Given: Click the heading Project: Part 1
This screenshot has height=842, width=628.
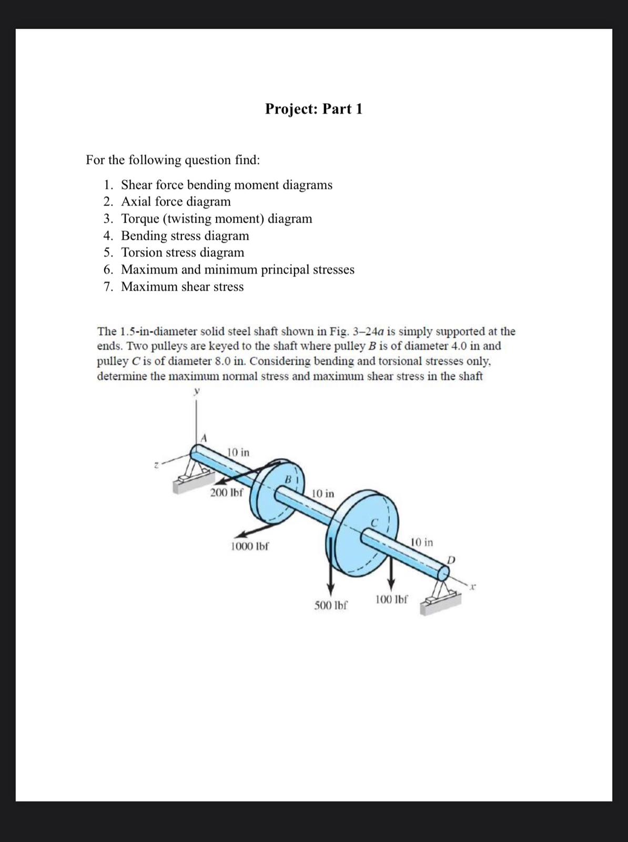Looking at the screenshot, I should (313, 109).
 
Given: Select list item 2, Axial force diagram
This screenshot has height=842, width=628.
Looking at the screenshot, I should (176, 202).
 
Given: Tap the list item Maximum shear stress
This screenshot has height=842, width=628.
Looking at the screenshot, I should (182, 287).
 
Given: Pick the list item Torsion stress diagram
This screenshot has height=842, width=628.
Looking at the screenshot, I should (183, 253).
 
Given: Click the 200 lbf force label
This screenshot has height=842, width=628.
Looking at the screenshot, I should (226, 493).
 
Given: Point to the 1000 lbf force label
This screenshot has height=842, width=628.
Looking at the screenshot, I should (250, 546).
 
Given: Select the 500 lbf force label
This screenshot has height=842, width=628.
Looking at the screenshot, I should (331, 605).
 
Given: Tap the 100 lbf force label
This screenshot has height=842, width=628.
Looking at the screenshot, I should (391, 599).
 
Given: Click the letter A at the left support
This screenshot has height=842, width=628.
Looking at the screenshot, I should (205, 437).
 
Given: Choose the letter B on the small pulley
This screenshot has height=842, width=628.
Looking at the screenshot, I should (288, 479).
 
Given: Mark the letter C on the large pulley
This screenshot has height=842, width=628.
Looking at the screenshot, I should (374, 523).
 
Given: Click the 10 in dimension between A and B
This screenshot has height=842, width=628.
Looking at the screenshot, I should (238, 453).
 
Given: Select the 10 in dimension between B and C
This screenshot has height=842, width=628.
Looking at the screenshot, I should (322, 494).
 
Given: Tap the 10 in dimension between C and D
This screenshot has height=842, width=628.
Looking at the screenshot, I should (421, 542).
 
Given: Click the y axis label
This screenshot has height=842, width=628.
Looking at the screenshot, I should (197, 391).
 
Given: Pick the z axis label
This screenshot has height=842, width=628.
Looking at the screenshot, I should (156, 465).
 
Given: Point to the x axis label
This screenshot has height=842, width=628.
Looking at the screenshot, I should (473, 585).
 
